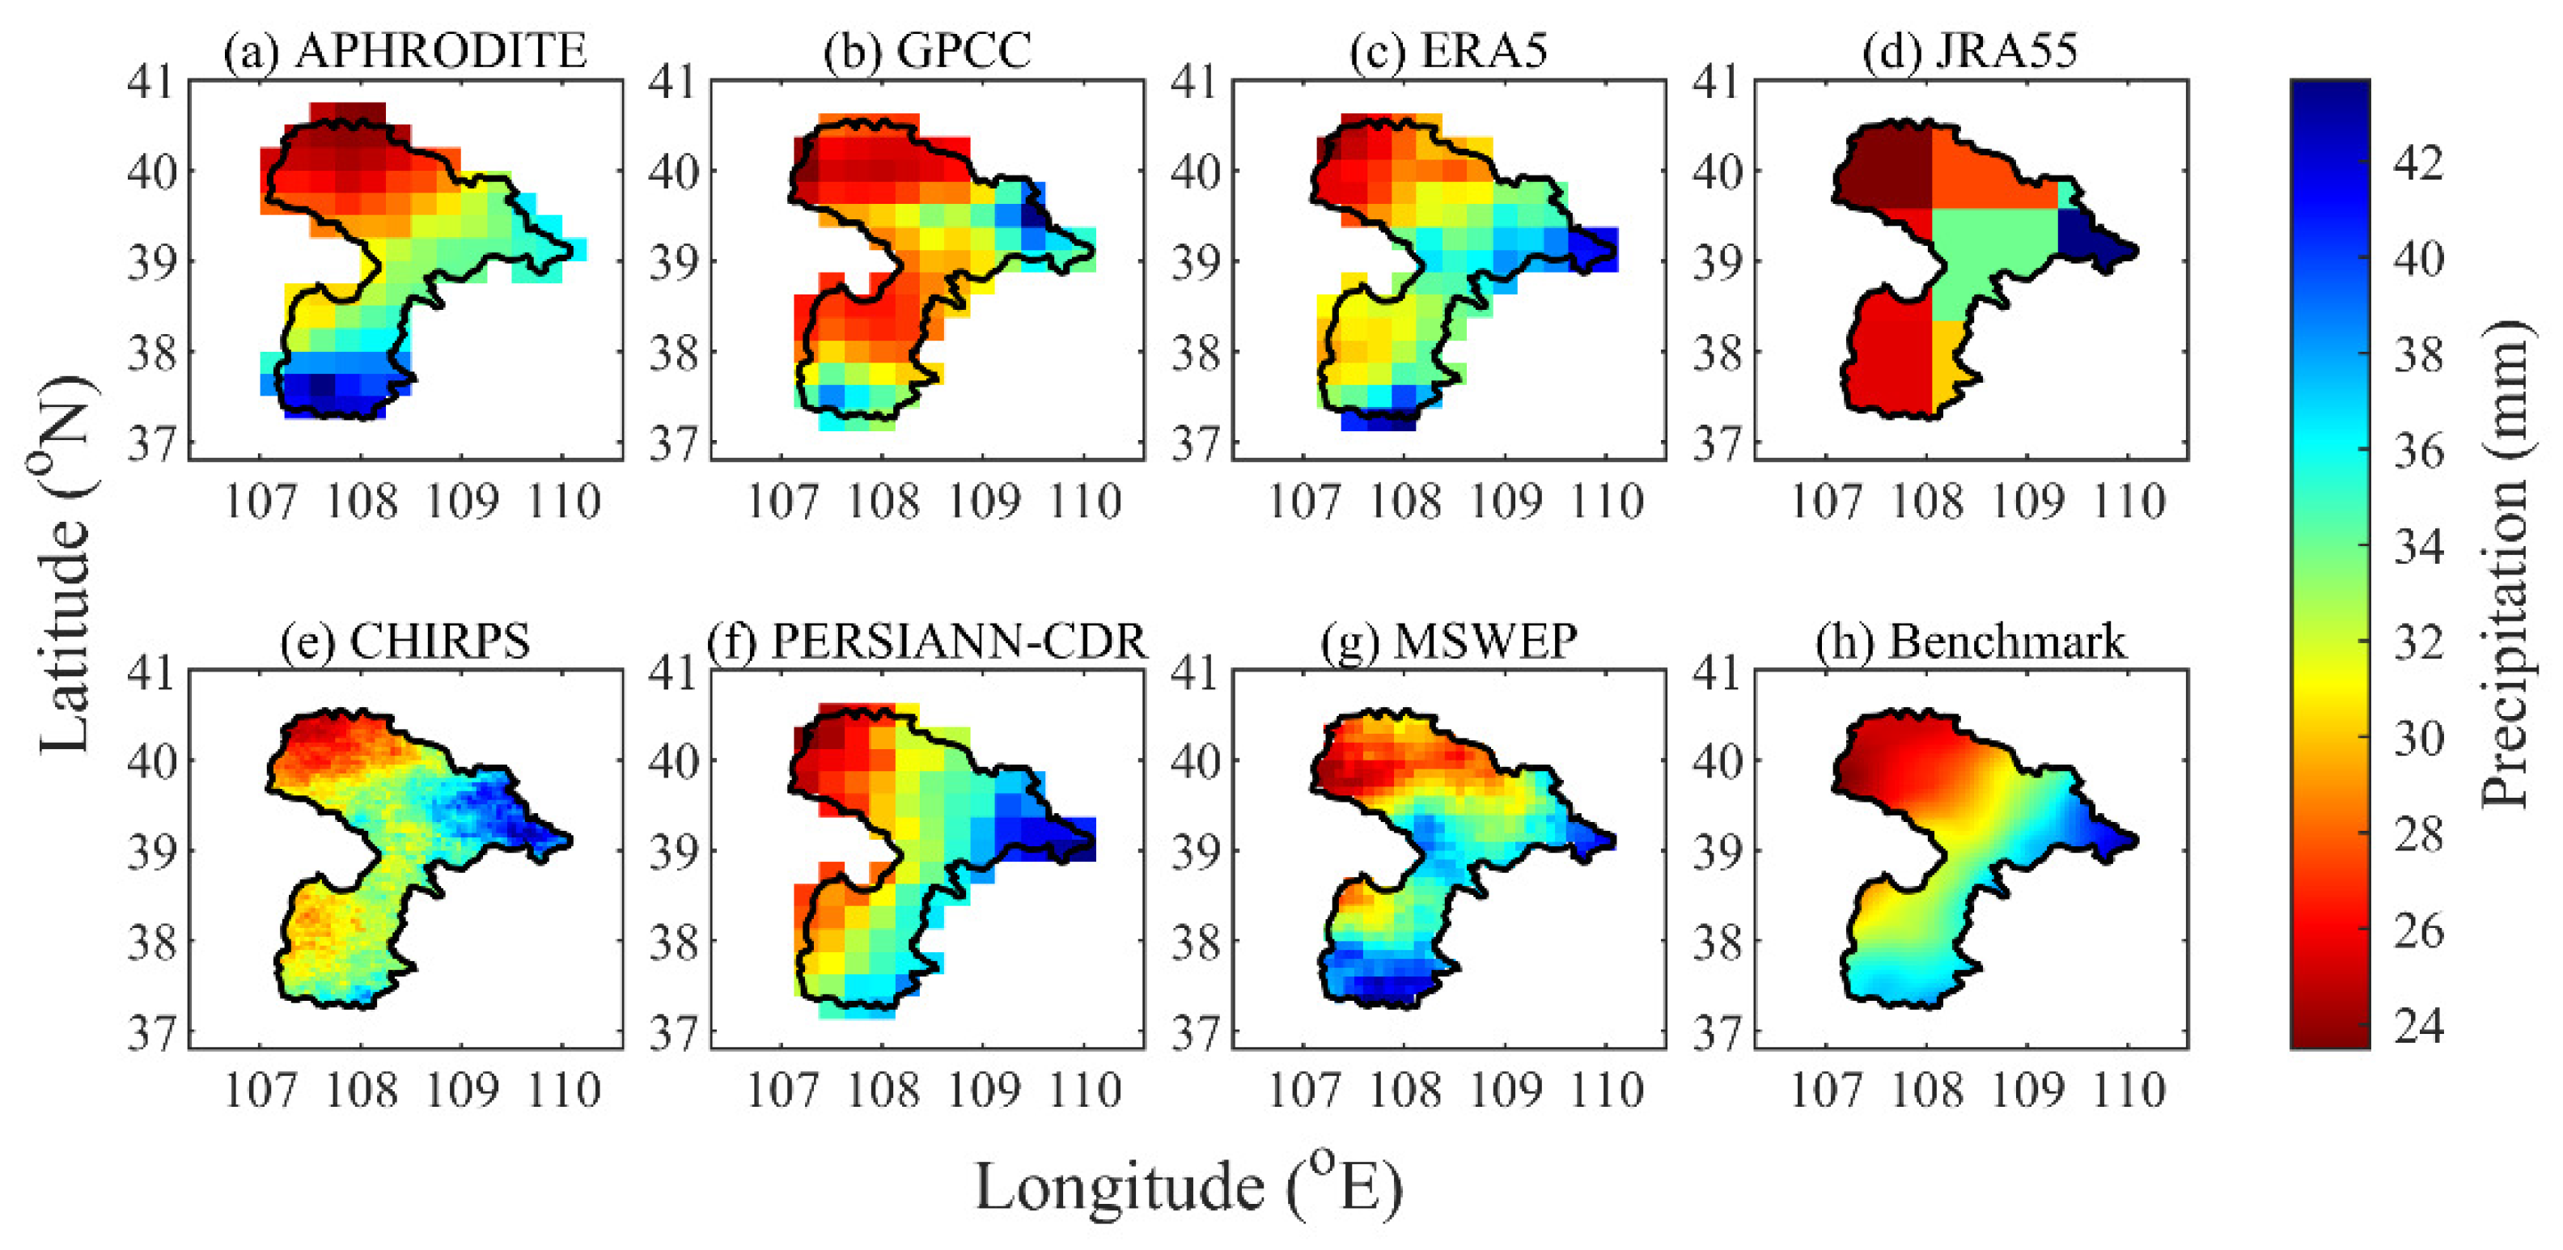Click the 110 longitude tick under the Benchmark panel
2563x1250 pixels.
[x=2129, y=1091]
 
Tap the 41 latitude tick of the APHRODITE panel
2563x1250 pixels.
[x=150, y=82]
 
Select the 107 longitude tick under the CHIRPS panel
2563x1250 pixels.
[x=261, y=1091]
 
